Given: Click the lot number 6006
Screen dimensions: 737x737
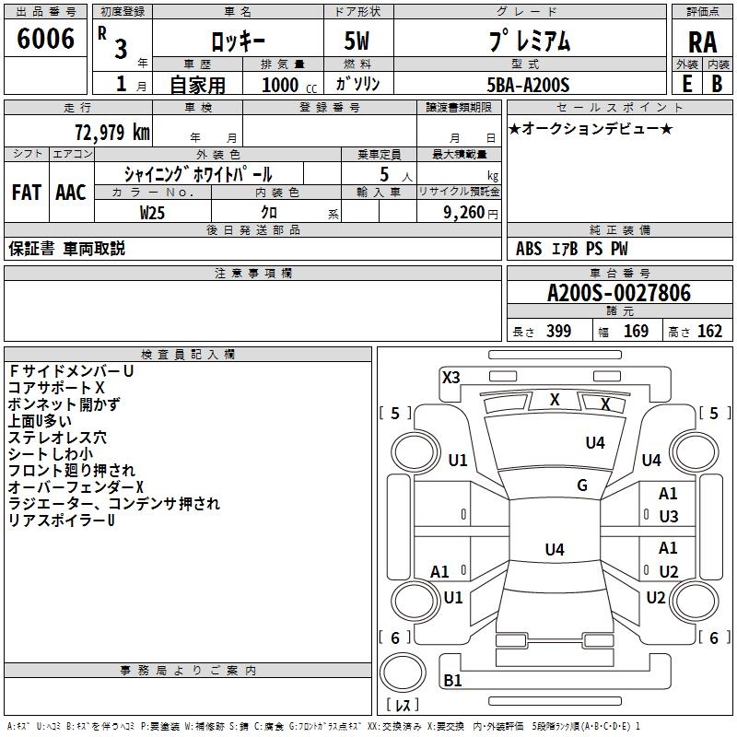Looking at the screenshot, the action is coord(45,39).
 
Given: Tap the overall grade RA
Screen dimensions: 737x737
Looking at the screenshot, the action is coord(702,41).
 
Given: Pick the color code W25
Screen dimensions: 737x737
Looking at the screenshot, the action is coord(153,212).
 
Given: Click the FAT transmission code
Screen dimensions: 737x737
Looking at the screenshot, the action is coord(26,193).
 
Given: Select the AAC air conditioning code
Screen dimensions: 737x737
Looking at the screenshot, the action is coord(70,193).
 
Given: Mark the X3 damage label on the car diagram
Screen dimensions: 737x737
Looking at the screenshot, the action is coord(451,377).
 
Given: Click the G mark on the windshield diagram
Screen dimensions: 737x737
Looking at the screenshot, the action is coord(581,485).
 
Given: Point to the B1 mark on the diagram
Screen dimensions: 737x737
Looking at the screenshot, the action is coord(452,681).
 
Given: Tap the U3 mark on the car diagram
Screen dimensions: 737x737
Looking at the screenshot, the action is coord(668,517).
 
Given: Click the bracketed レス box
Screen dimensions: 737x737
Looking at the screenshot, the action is coord(403,705).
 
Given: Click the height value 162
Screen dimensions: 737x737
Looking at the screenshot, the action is coord(709,332).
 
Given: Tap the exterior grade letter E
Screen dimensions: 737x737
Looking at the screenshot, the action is coord(686,84).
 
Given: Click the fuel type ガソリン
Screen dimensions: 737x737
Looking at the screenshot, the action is coord(357,84).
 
